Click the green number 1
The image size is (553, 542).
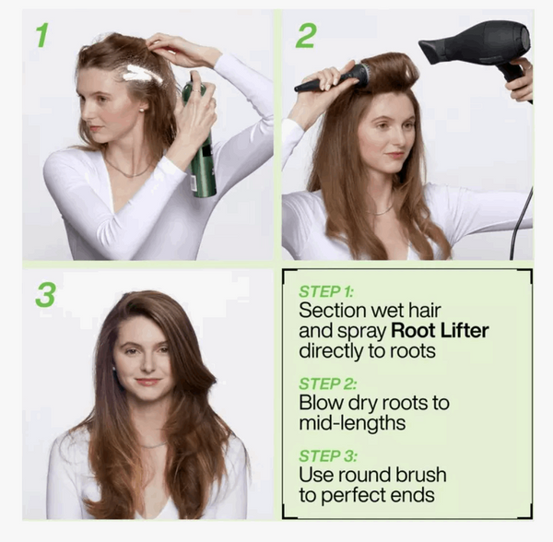coord(41,35)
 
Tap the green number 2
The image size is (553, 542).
coord(305,35)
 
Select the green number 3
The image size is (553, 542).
coord(44,294)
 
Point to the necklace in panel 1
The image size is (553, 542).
coord(129,171)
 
